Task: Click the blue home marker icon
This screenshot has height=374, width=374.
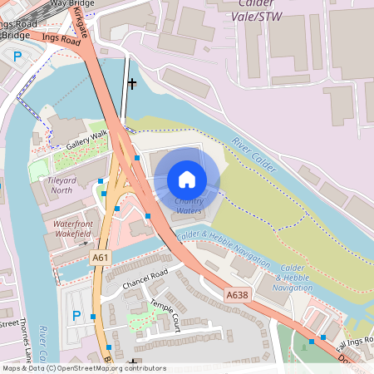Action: [x=187, y=180]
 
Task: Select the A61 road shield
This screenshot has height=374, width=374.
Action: [x=100, y=258]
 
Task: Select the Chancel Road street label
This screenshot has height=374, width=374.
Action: [x=145, y=278]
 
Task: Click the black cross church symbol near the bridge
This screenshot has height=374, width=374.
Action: [x=131, y=83]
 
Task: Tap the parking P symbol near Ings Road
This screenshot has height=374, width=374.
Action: [x=17, y=57]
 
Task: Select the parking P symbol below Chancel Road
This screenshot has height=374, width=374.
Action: [x=76, y=316]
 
